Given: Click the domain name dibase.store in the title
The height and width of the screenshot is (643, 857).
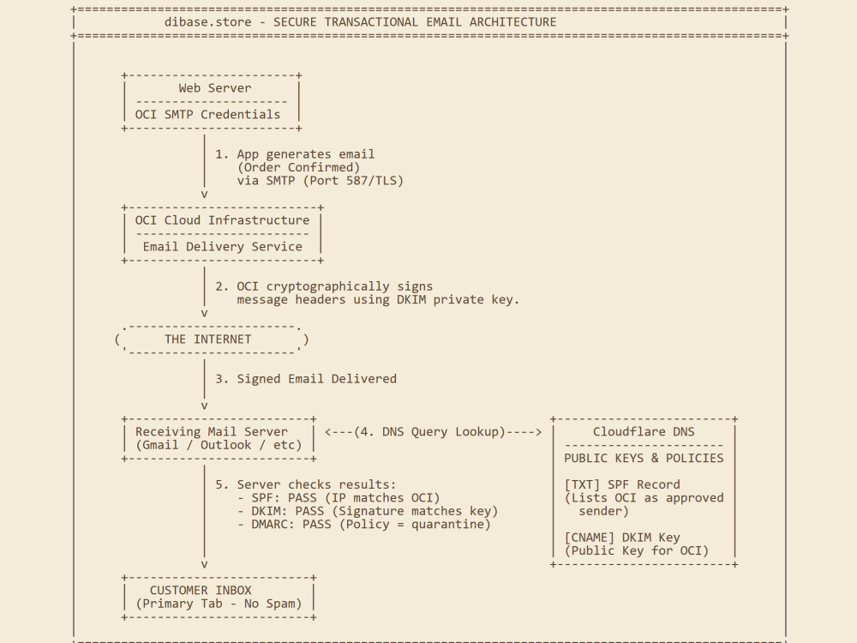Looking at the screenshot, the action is click(x=207, y=22).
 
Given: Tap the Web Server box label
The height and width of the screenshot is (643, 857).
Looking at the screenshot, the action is click(x=215, y=88).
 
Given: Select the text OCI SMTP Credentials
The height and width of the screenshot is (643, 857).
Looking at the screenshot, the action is click(x=207, y=114).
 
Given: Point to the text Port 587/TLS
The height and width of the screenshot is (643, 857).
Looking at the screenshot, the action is click(x=353, y=180).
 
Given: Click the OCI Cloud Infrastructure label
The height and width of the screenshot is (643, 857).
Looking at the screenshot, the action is click(x=222, y=220).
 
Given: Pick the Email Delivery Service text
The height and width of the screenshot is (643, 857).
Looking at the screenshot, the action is click(x=222, y=247).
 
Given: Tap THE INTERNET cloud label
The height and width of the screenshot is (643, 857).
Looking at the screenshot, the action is click(x=207, y=339).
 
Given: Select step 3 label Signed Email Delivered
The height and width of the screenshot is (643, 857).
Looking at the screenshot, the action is click(x=316, y=379).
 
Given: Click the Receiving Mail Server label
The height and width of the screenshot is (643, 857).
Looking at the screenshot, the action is click(x=211, y=432).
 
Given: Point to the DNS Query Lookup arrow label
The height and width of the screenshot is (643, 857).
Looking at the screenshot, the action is click(x=433, y=432).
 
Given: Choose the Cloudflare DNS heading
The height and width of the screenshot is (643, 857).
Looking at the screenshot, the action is click(x=644, y=432).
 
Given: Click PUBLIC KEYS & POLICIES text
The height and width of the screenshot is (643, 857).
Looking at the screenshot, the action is click(x=644, y=458).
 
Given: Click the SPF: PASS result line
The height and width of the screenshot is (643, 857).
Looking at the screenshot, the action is click(x=339, y=498).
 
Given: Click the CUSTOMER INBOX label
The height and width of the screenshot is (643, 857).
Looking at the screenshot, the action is click(x=201, y=591).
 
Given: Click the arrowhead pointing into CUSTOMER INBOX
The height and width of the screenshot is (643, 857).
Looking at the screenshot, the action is click(x=205, y=565).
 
